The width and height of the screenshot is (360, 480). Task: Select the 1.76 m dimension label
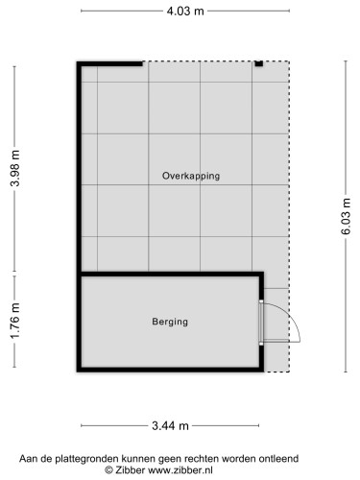pos(12,323)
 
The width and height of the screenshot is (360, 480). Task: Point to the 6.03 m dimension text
pos(347,218)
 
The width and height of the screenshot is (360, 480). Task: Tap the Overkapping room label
pos(191,176)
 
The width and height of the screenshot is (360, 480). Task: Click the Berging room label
pos(170,322)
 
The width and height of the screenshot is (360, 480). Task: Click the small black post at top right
pos(258,64)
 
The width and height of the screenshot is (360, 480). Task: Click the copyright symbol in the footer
pos(109,470)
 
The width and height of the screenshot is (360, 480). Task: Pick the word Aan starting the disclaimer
pos(29,458)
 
